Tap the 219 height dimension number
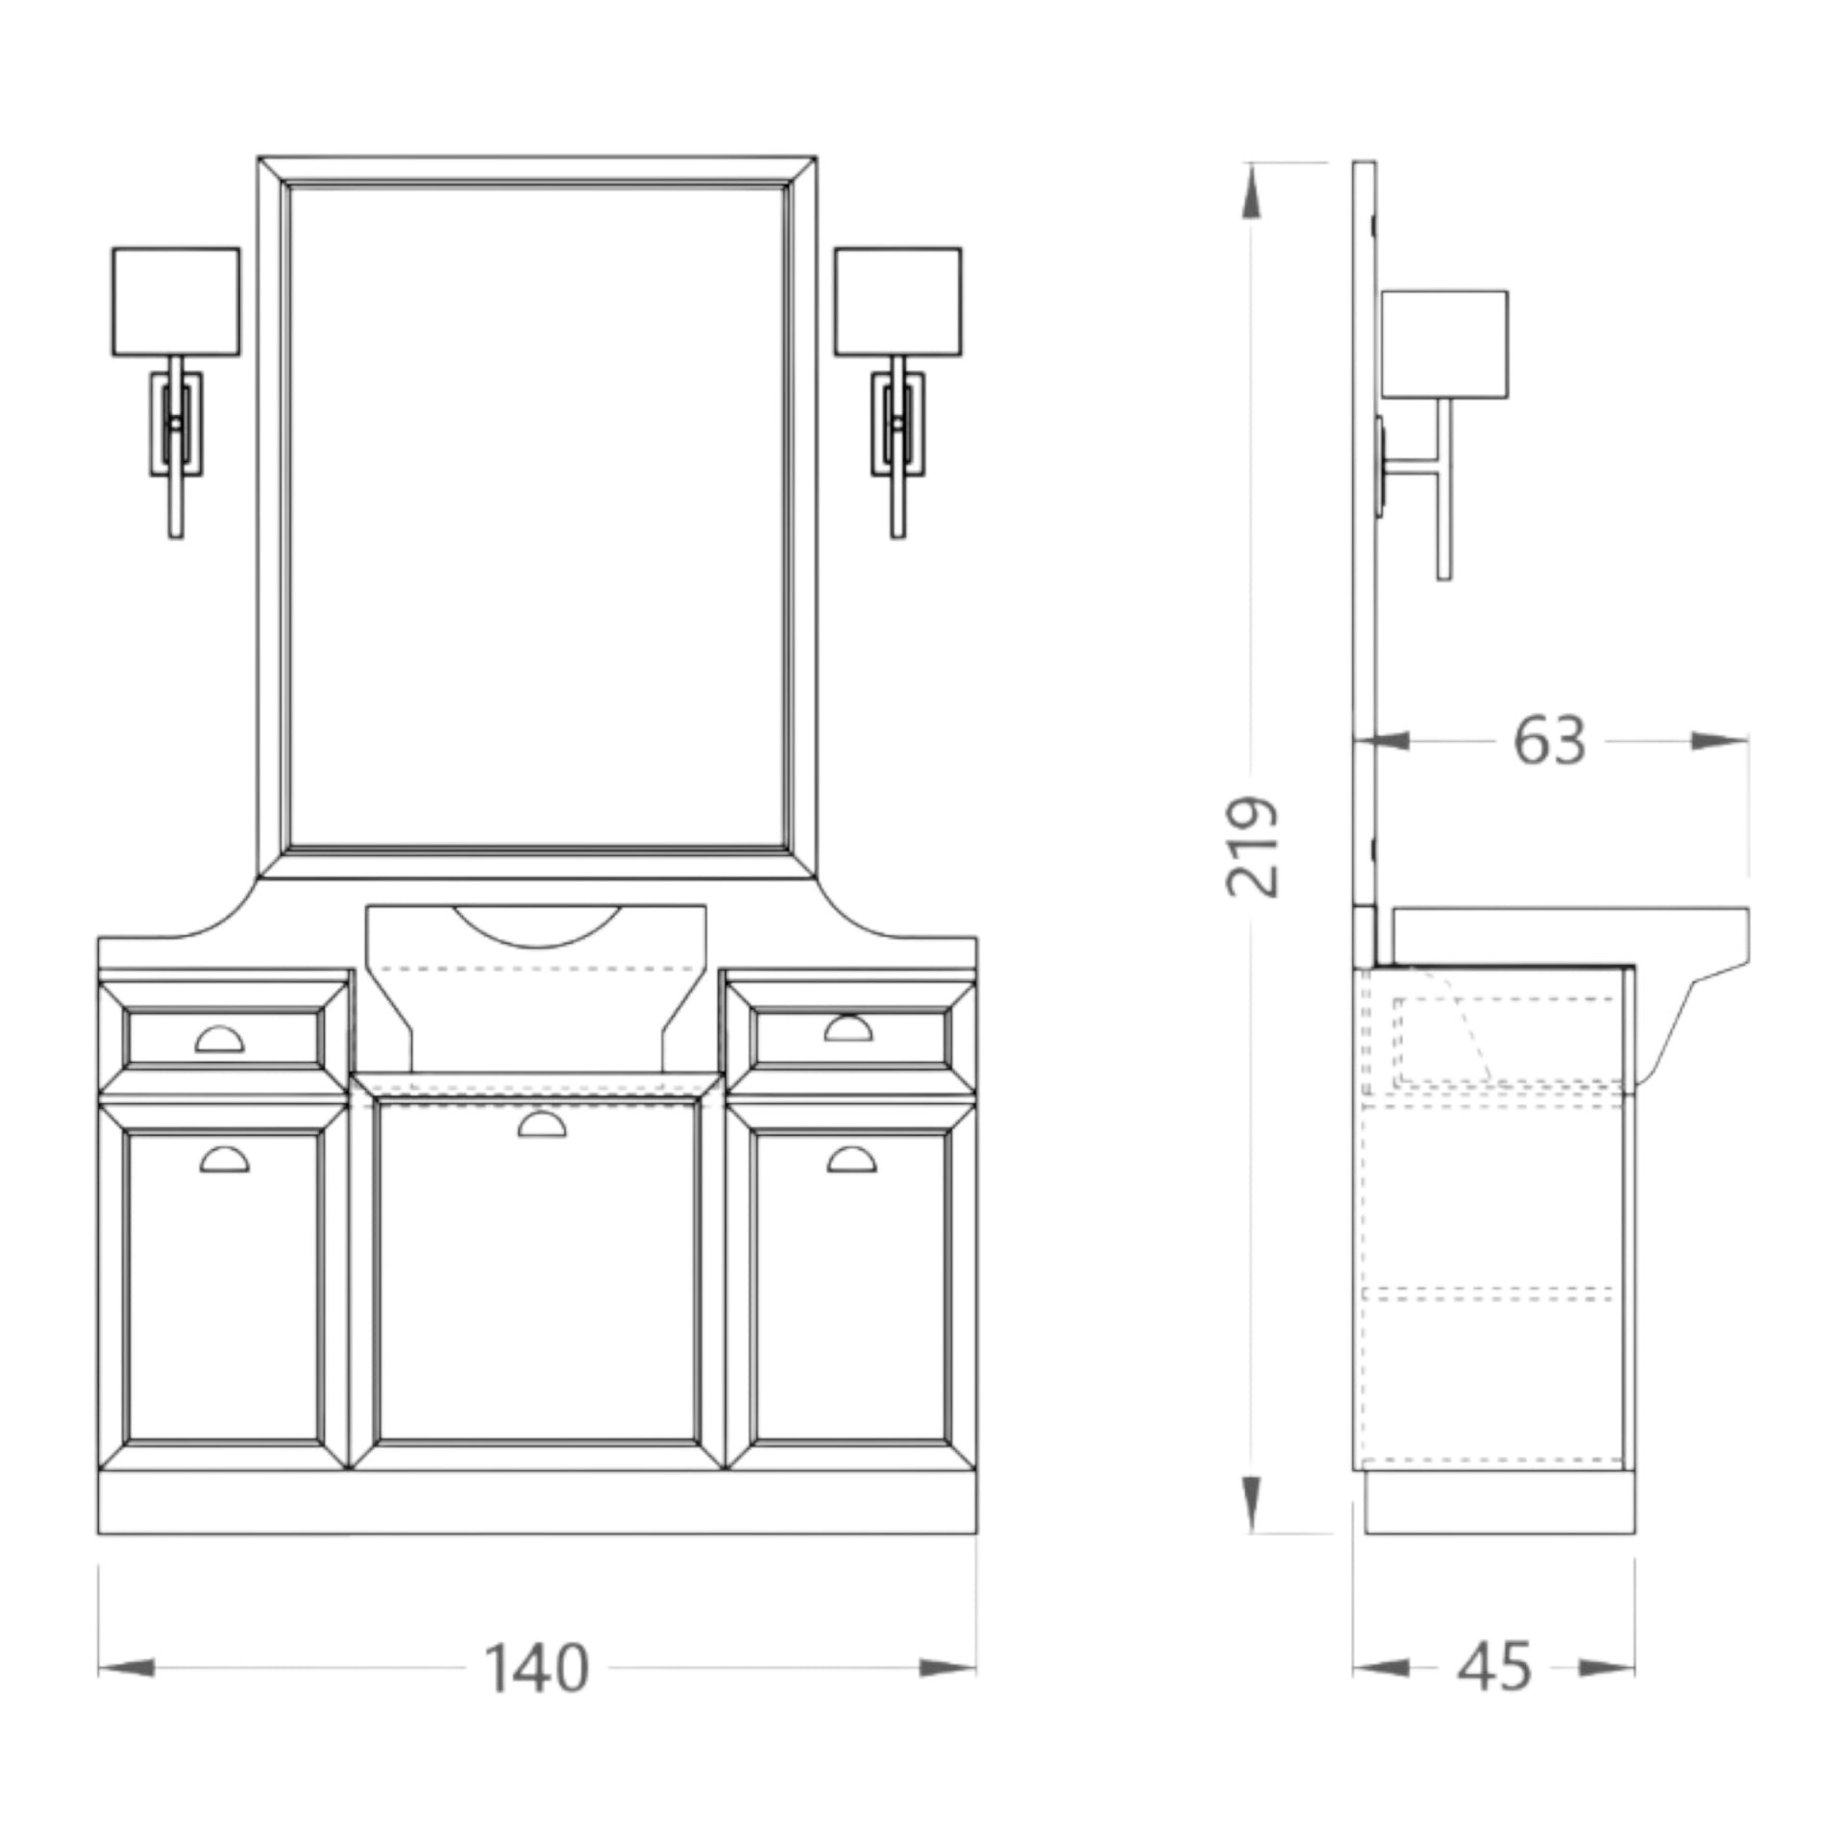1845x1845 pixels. tap(1253, 847)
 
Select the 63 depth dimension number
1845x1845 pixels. tap(1549, 741)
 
